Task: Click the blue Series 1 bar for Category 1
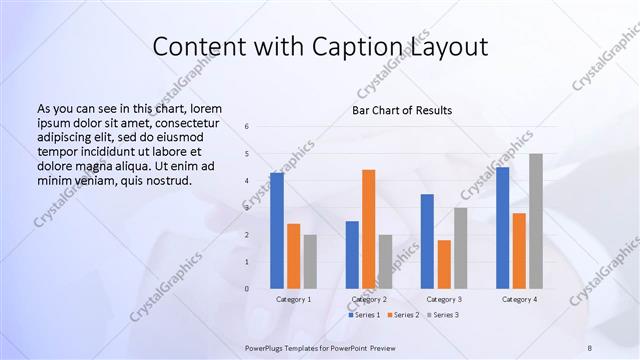coord(276,230)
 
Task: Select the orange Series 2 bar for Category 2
coord(368,228)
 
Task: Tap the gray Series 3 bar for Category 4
coord(536,220)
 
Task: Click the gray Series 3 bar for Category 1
coord(310,261)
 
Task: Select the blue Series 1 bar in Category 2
coord(352,254)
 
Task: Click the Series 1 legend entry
coord(363,315)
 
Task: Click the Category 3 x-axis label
coord(444,299)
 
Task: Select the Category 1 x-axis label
coord(293,299)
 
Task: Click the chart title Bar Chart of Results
coord(402,110)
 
